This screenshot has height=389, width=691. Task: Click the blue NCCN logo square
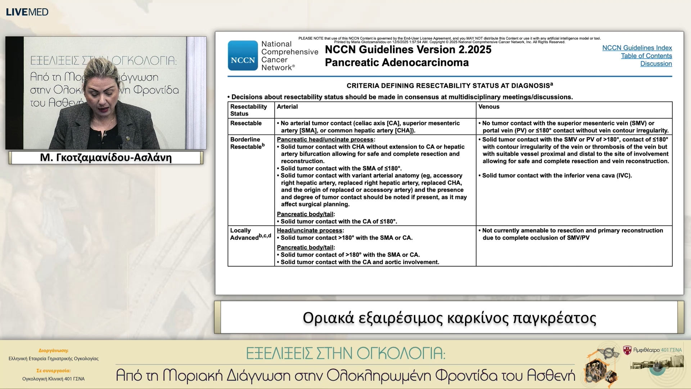243,55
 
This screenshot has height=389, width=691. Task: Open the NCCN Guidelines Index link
637,48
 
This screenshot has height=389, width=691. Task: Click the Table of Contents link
646,56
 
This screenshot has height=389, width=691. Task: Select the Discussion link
656,64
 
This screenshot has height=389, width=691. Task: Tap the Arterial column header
287,107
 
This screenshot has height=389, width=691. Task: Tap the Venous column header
489,107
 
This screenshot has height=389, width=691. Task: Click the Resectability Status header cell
248,110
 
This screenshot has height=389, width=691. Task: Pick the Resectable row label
246,123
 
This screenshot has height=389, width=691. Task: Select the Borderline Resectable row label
247,143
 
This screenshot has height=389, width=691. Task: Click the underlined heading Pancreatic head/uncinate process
325,139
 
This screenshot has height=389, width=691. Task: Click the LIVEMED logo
27,12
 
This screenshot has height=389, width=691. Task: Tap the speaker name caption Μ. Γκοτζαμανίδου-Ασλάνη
106,157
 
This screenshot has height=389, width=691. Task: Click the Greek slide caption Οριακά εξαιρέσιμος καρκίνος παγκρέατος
449,318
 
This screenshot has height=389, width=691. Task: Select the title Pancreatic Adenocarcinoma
397,63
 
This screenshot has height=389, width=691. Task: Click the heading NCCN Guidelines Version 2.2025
408,49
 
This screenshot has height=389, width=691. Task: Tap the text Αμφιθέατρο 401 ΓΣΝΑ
657,350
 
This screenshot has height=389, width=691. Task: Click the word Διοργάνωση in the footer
53,350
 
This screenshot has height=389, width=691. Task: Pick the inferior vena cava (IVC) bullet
556,175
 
